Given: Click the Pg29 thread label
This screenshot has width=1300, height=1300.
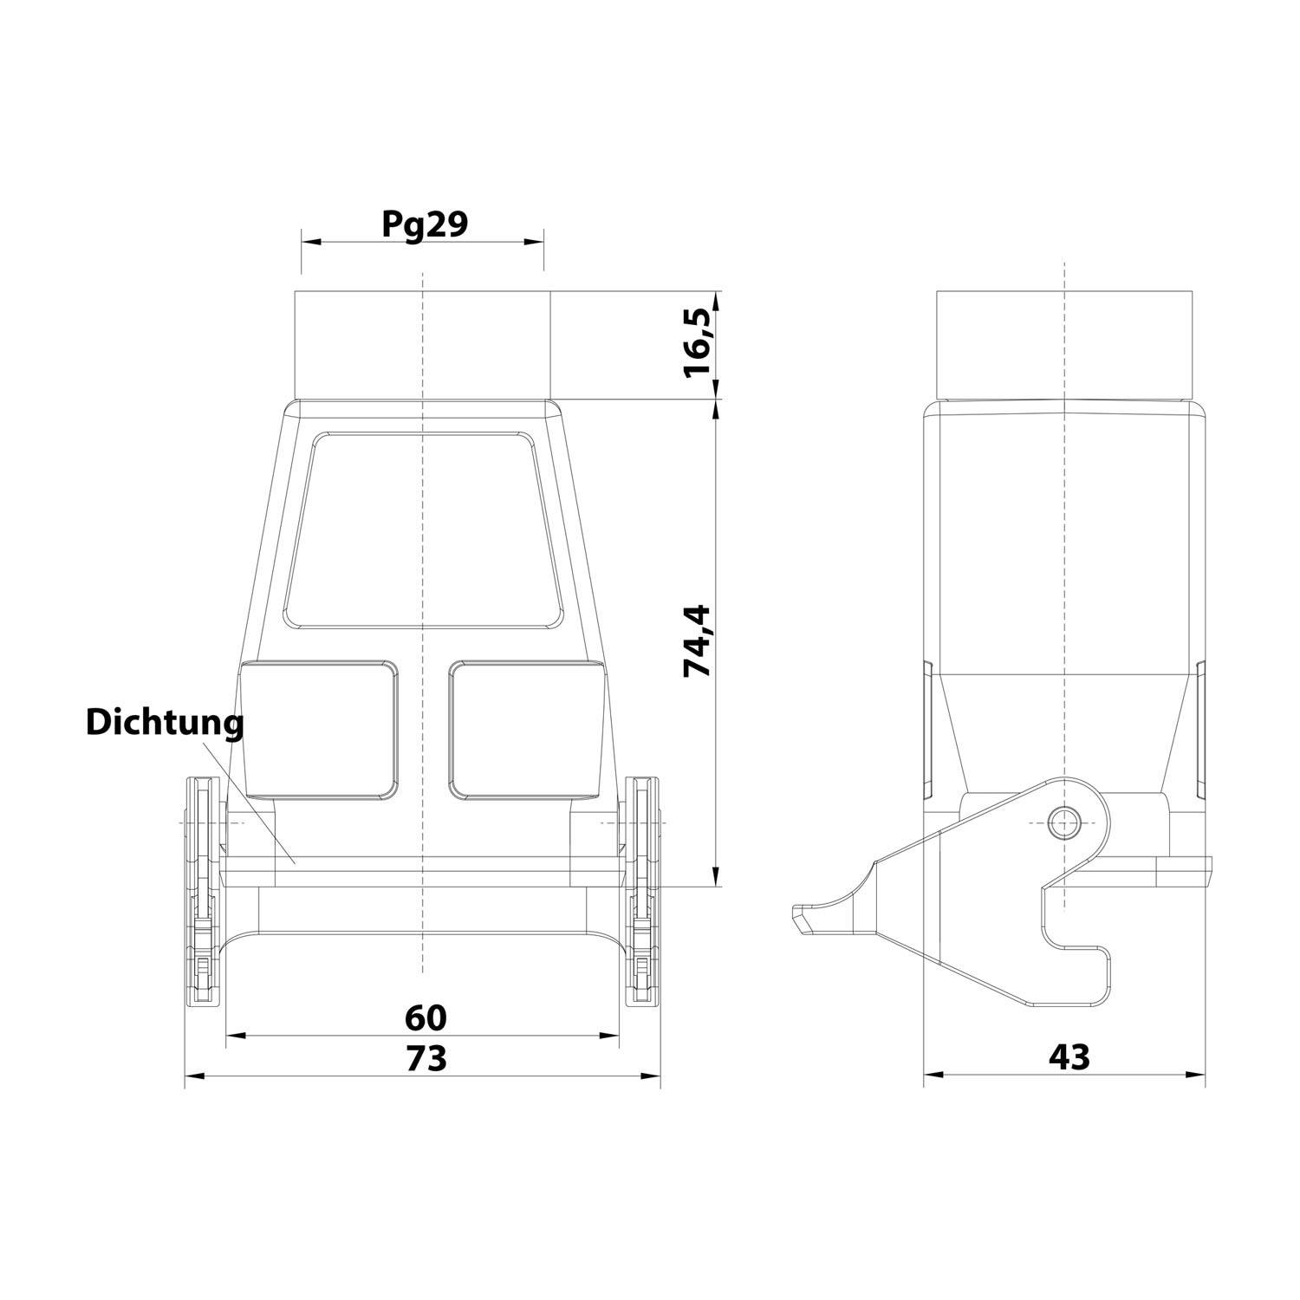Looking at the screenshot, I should point(425,224).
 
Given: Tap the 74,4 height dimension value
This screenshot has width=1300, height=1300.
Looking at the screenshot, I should point(699,640).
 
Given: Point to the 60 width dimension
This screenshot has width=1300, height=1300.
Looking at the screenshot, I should point(425,1016).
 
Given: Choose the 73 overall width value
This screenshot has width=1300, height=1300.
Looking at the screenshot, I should point(425,1057).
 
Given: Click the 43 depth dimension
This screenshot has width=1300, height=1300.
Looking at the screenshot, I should point(1068,1056).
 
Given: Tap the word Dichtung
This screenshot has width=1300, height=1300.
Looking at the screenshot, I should point(165,723).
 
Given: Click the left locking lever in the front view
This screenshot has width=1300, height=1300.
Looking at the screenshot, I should point(203,893).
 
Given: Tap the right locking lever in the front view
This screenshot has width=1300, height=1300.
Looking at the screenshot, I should point(642,893).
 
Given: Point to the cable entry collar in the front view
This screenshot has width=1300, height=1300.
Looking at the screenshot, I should point(422,345).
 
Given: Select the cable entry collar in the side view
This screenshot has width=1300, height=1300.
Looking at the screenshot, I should point(1063,345).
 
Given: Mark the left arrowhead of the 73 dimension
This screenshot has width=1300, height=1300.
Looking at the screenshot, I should point(191,1076).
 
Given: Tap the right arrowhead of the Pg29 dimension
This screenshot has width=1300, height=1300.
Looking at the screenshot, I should point(538,244).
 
